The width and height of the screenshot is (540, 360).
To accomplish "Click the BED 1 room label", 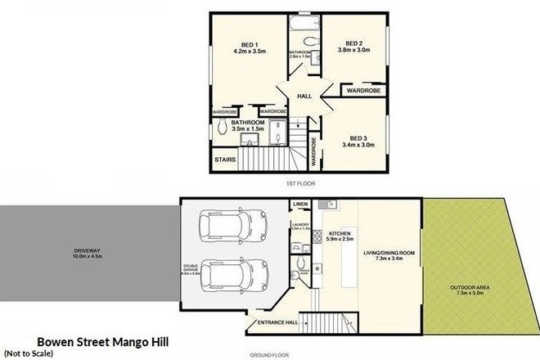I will (x=250, y=43).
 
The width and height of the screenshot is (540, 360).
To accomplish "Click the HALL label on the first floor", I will (x=304, y=97).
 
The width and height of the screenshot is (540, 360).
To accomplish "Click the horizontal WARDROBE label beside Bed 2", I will (x=361, y=90).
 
